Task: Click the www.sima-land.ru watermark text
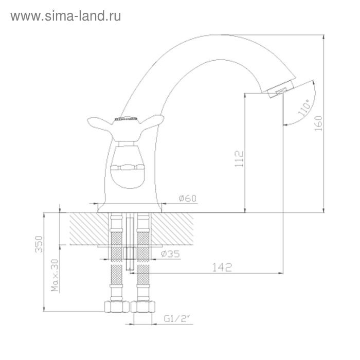click(x=66, y=16)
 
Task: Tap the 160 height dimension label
click(x=318, y=123)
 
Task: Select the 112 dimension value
click(x=239, y=159)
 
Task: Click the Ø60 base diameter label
click(x=188, y=198)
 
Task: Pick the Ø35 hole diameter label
click(x=170, y=254)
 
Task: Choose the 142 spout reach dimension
click(x=222, y=267)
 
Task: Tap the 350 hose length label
click(x=39, y=244)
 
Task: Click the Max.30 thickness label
click(x=55, y=275)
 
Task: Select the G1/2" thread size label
click(x=177, y=319)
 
